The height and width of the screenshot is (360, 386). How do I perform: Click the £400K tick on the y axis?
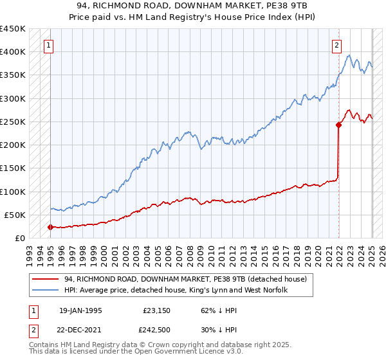13,52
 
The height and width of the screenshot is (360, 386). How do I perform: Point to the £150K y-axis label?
13,168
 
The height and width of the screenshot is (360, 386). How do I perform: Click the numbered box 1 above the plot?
50,45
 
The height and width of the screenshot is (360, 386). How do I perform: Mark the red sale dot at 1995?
50,227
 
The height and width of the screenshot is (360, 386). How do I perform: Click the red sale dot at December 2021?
338,125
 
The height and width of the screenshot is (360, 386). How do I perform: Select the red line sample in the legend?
46,279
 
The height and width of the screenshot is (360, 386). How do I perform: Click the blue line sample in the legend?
46,290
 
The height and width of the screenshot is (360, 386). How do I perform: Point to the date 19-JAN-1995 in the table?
80,309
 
